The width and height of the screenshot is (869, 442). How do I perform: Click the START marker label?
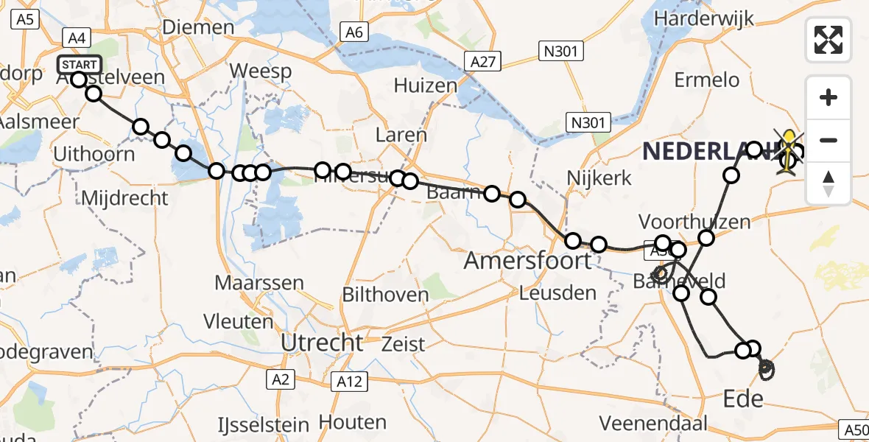point(79,65)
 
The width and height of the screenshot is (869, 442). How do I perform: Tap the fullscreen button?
point(828,40)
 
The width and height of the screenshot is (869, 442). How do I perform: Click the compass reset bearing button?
point(828,183)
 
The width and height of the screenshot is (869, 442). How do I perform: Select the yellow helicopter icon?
point(789,153)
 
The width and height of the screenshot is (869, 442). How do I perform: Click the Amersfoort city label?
point(527,260)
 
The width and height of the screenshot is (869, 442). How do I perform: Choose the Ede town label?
point(743,399)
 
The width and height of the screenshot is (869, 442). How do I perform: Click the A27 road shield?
point(483,63)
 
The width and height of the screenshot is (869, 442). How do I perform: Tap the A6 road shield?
point(354,32)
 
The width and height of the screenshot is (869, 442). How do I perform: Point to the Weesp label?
point(261,71)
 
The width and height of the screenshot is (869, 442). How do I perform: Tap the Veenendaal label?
point(653,423)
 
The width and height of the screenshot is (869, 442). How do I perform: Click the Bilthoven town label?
point(385,295)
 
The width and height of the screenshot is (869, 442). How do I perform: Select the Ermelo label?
point(707,79)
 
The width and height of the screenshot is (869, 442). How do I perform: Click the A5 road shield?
point(24,20)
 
